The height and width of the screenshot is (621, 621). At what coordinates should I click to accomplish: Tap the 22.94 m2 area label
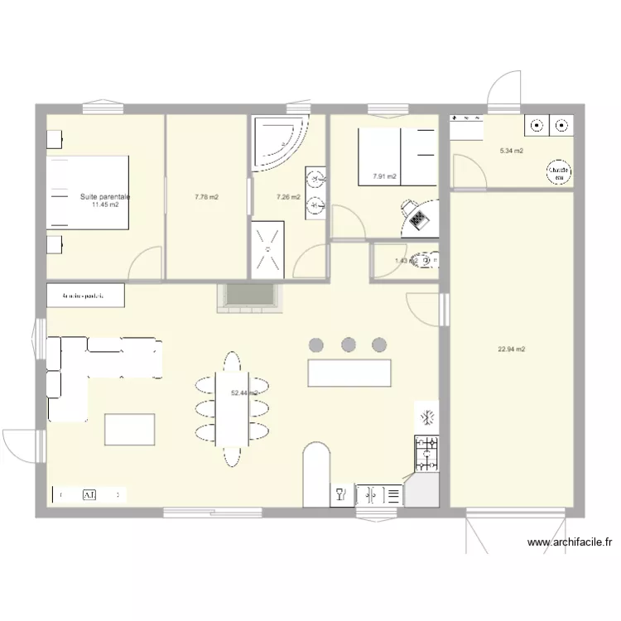point(512,349)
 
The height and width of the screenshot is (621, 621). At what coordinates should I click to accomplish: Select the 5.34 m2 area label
point(512,152)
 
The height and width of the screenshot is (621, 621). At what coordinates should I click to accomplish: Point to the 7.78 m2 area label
point(206,197)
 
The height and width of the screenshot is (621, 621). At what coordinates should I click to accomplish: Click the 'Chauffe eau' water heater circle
point(556,171)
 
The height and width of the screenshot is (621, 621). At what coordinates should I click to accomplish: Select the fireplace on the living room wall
point(248,297)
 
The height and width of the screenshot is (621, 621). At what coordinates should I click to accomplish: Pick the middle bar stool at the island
point(348,344)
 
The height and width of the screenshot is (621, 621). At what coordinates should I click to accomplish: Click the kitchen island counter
point(349,373)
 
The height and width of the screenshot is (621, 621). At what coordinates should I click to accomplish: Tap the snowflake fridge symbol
point(427,416)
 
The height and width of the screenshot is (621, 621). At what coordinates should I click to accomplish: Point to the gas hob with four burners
point(426,452)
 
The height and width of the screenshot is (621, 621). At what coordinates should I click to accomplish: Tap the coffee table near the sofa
point(128,429)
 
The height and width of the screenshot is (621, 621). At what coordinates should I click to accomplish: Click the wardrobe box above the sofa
point(86,294)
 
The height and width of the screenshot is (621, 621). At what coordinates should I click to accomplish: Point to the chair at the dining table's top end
point(231,362)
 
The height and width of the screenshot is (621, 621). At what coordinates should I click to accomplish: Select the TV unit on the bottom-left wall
point(89,494)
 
